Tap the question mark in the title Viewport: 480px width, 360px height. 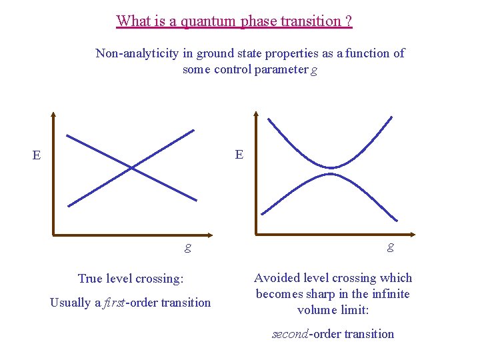click(349, 21)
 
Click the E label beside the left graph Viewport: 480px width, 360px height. click(37, 156)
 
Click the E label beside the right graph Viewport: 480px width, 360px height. click(239, 155)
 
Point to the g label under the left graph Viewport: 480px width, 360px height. click(188, 247)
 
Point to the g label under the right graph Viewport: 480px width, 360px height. click(390, 247)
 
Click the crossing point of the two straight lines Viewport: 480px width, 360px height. click(131, 167)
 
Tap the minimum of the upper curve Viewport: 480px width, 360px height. click(331, 167)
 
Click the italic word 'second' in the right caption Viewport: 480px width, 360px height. click(289, 334)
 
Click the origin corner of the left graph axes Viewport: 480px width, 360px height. click(54, 235)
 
